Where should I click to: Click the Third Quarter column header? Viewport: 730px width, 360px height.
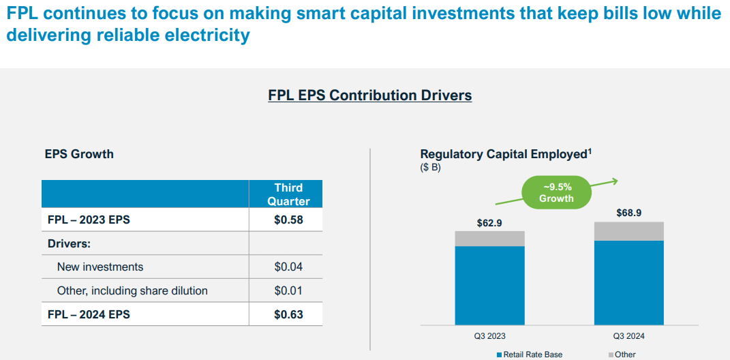[288, 194]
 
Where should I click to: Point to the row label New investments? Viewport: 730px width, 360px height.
[100, 267]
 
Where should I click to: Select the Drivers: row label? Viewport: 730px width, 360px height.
[69, 243]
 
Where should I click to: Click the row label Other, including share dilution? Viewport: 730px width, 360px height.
[132, 290]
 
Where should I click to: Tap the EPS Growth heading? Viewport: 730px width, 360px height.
[79, 154]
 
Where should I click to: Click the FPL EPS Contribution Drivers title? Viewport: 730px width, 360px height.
[369, 95]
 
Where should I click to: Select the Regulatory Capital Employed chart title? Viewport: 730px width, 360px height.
[505, 155]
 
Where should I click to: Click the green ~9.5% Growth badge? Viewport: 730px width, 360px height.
[556, 192]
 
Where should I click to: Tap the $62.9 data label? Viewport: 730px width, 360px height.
[489, 223]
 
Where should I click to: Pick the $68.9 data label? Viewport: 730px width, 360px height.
[628, 213]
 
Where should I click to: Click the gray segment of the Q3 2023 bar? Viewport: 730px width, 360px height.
[489, 239]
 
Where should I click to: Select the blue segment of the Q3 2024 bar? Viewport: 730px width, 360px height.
[628, 283]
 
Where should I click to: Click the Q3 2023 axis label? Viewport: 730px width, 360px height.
[489, 336]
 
